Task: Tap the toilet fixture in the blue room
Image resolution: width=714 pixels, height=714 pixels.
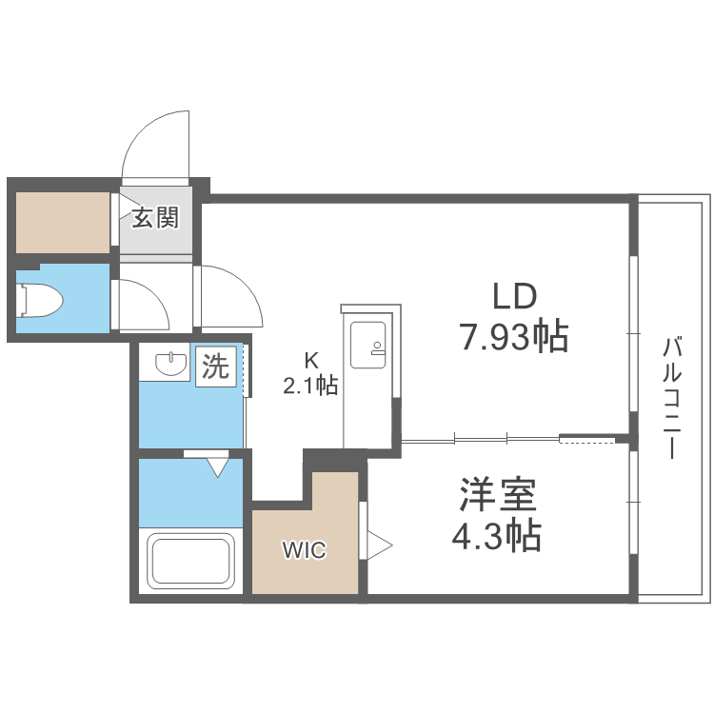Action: click(x=41, y=299)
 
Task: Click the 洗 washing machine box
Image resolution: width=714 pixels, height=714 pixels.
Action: click(x=216, y=367)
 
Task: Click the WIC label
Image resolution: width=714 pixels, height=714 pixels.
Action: click(x=304, y=549)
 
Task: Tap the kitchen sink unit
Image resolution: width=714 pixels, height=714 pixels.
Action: click(x=367, y=346)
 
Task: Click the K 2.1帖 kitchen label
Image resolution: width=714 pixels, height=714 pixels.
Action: click(x=309, y=374)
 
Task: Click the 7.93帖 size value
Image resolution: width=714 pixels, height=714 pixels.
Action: click(x=515, y=336)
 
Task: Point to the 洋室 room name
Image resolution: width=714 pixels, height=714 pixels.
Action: click(x=497, y=496)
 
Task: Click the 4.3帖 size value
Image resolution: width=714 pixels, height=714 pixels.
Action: click(x=496, y=537)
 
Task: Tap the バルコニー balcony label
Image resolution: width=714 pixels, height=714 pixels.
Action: click(x=673, y=397)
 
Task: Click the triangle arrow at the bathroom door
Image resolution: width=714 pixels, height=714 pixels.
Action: click(x=218, y=466)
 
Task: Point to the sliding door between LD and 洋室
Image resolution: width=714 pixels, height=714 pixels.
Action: click(x=481, y=439)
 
